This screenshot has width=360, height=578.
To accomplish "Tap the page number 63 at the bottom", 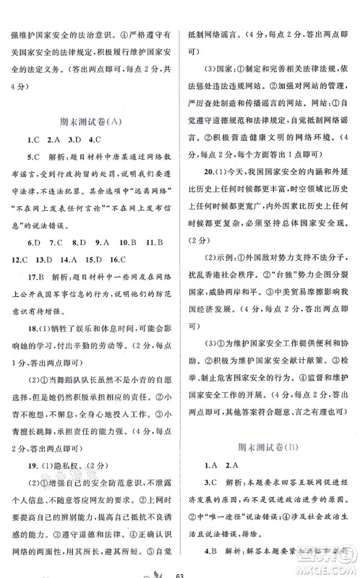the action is point(180,571).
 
